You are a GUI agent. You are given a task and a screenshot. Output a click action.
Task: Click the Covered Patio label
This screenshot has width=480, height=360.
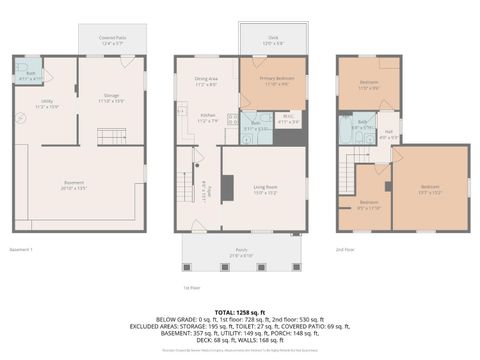(x=110, y=41)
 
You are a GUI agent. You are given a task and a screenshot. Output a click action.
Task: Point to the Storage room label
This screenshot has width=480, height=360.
(x=110, y=98)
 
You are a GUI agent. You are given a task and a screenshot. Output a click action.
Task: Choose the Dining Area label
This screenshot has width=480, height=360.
(x=207, y=81)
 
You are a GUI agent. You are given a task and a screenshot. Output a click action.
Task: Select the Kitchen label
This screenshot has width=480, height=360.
(x=206, y=116)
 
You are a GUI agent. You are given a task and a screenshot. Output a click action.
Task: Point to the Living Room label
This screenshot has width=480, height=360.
(x=263, y=188)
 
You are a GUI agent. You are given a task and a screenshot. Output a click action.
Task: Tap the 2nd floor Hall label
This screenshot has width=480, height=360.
(x=389, y=136)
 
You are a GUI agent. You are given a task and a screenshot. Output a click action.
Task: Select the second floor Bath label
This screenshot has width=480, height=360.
(x=361, y=126)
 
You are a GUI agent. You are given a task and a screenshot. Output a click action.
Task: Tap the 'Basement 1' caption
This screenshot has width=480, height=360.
(x=21, y=248)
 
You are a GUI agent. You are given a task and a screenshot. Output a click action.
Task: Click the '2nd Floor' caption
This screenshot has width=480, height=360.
(x=346, y=248)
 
